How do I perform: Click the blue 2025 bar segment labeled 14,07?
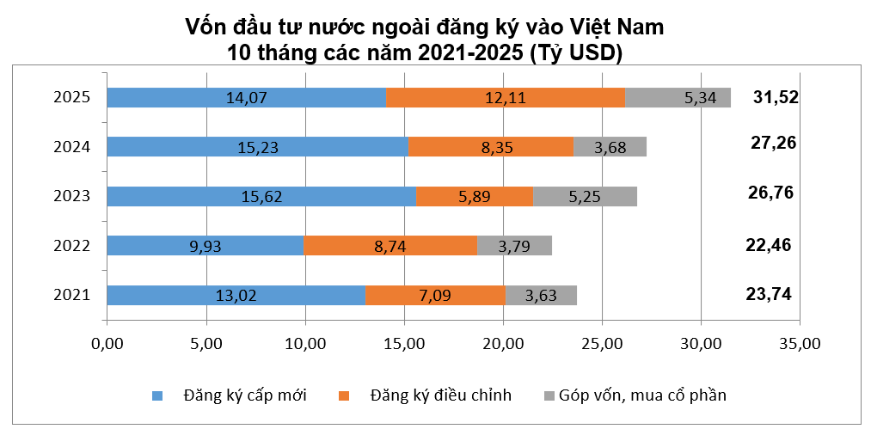(247, 98)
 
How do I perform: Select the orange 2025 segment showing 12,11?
(506, 98)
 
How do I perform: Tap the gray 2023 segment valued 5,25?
(585, 197)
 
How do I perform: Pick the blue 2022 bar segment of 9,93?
(205, 246)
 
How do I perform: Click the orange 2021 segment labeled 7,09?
(435, 296)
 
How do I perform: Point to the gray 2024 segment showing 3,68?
(610, 147)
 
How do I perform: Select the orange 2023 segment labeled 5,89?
(474, 197)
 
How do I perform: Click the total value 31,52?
(775, 96)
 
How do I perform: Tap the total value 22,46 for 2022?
(768, 245)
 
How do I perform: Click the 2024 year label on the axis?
(71, 147)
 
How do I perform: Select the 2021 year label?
(71, 296)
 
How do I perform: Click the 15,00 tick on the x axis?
(404, 344)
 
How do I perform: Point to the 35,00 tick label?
(800, 344)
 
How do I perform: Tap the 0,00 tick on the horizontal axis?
(107, 344)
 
